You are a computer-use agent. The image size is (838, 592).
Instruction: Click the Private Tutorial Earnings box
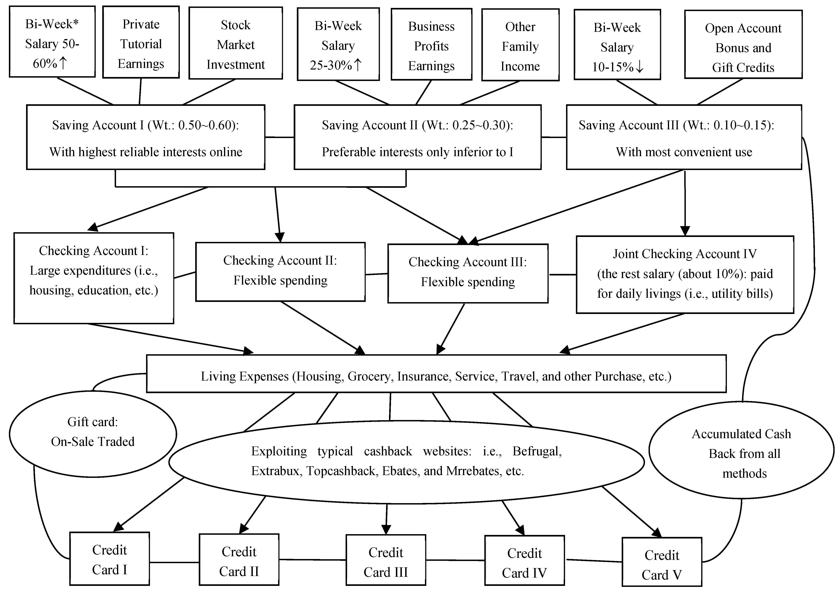[x=141, y=42]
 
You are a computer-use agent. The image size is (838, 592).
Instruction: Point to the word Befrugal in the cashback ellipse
[x=536, y=451]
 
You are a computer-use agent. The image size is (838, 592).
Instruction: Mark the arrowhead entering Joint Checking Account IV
[x=685, y=231]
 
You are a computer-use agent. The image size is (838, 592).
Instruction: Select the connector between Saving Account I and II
[x=279, y=137]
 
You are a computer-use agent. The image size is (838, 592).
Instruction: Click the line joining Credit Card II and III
[x=312, y=559]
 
